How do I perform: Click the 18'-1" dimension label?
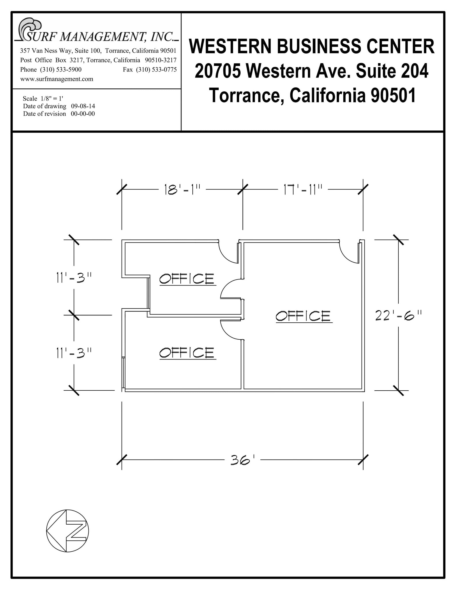click(182, 190)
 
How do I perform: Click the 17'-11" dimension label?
click(302, 190)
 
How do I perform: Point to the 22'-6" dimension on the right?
click(399, 315)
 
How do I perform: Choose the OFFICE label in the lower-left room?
click(187, 353)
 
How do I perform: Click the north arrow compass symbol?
click(67, 531)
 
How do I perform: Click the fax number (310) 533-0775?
click(156, 70)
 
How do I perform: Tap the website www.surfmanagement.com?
click(57, 79)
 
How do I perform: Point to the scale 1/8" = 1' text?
click(45, 99)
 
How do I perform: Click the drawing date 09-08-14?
click(83, 106)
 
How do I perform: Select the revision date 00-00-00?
click(83, 114)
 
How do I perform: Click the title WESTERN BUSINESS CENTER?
click(312, 46)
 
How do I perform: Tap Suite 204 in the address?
click(392, 71)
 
